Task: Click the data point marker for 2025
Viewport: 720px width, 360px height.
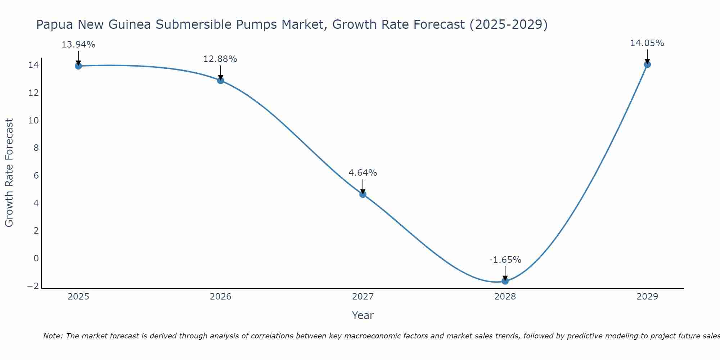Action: click(78, 66)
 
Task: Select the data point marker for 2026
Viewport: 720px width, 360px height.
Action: click(221, 80)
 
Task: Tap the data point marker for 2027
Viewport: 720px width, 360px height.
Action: click(363, 194)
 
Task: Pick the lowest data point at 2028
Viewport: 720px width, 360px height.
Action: click(505, 281)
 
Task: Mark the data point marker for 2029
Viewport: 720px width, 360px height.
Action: click(647, 65)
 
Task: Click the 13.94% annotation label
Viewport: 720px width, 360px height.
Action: click(78, 45)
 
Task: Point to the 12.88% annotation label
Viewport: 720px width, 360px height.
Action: click(220, 59)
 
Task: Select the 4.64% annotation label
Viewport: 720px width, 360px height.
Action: click(363, 173)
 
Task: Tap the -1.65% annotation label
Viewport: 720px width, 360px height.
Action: click(505, 260)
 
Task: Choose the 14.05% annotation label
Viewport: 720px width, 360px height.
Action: click(647, 43)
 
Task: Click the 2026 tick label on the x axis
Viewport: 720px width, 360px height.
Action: click(221, 297)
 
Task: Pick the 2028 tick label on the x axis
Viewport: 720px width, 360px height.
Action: click(505, 297)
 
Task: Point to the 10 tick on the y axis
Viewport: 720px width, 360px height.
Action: click(33, 120)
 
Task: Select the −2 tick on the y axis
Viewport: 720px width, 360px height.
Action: click(33, 286)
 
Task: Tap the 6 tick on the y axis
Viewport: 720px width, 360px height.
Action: click(36, 176)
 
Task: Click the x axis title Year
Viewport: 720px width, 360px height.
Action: click(363, 315)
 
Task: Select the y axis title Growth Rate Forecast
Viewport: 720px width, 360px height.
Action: click(9, 172)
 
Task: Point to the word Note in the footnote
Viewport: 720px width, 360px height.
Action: click(53, 336)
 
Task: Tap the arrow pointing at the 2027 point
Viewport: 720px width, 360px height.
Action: click(363, 186)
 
